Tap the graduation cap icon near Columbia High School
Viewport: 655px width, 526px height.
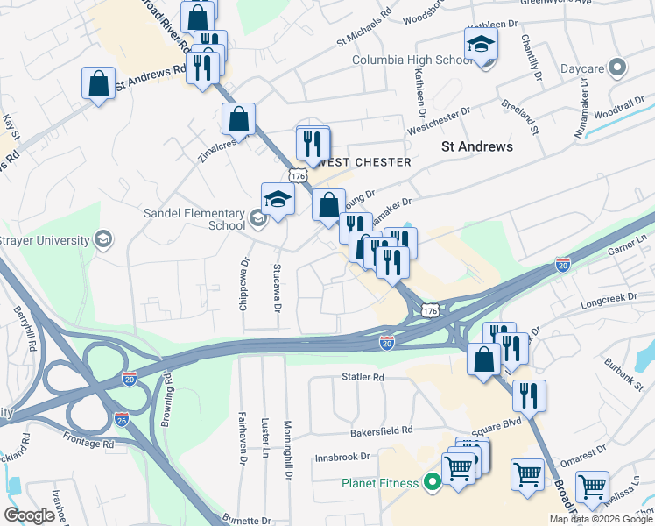point(480,45)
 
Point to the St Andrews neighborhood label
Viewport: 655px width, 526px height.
point(476,146)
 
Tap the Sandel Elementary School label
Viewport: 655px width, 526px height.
point(196,218)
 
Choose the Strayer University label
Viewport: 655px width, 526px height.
point(46,240)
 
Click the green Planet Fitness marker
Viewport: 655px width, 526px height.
point(431,481)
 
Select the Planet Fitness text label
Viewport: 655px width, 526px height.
point(382,482)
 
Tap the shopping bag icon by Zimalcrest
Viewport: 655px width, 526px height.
point(238,118)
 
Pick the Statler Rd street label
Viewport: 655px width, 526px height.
point(363,378)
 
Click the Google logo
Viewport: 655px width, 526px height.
point(30,515)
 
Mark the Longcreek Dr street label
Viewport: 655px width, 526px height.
point(606,306)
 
